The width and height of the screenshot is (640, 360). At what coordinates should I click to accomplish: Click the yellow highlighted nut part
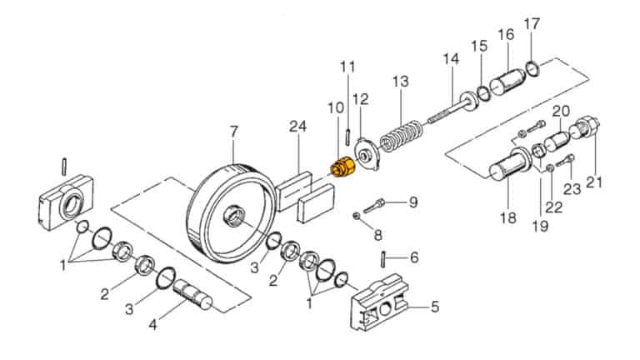point(342,167)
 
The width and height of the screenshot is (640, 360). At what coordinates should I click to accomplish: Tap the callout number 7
point(233,132)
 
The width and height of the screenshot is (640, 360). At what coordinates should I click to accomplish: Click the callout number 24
point(297,126)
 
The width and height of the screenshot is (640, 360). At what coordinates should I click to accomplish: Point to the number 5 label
point(435,306)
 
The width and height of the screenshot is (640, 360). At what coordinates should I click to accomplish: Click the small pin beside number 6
point(382,259)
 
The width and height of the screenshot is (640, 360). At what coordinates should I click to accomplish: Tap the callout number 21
point(594,182)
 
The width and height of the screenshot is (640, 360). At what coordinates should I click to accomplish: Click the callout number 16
point(506,34)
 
